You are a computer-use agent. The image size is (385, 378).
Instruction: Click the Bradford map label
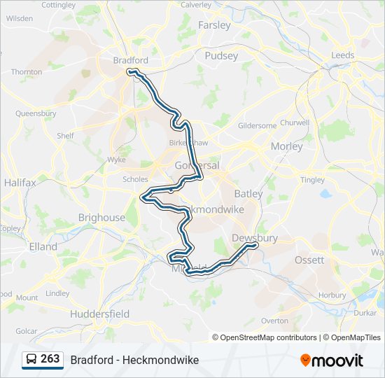130,61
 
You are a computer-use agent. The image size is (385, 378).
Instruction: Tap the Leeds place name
343,55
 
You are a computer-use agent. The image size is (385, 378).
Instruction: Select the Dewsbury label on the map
255,238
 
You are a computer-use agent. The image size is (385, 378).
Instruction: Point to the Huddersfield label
100,314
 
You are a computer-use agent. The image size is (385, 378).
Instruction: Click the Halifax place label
20,182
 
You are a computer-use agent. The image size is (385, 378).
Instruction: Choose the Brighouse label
101,218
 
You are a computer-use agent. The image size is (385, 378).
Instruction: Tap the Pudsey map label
221,55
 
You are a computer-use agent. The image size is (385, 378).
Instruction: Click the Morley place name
287,146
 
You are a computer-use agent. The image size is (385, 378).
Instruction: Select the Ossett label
309,260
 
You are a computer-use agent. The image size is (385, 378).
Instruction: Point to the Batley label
248,193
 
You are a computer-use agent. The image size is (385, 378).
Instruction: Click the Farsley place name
214,25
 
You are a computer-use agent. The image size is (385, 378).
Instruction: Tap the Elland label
43,246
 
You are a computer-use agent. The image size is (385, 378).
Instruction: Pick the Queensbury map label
36,112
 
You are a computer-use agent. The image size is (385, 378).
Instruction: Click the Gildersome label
258,126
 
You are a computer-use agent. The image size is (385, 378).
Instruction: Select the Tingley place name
312,180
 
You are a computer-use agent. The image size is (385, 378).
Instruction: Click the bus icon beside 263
32,360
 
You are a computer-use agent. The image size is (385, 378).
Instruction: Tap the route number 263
50,359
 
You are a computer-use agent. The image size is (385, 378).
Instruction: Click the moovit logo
332,360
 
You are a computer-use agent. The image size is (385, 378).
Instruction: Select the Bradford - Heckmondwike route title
134,360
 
